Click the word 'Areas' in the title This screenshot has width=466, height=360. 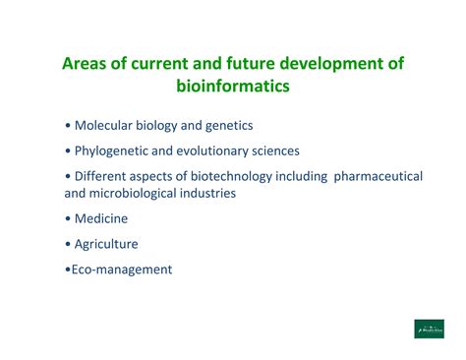tap(85, 64)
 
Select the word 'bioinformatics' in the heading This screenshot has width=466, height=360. tap(232, 88)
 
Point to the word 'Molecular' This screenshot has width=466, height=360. tap(106, 126)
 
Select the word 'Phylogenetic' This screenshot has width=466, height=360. tap(115, 150)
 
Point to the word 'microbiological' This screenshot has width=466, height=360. tap(141, 193)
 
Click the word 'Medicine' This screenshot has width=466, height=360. tap(101, 218)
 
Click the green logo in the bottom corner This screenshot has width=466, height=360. tap(429, 330)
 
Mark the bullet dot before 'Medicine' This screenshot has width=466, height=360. tap(67, 219)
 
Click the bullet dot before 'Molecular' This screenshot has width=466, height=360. tap(67, 127)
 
